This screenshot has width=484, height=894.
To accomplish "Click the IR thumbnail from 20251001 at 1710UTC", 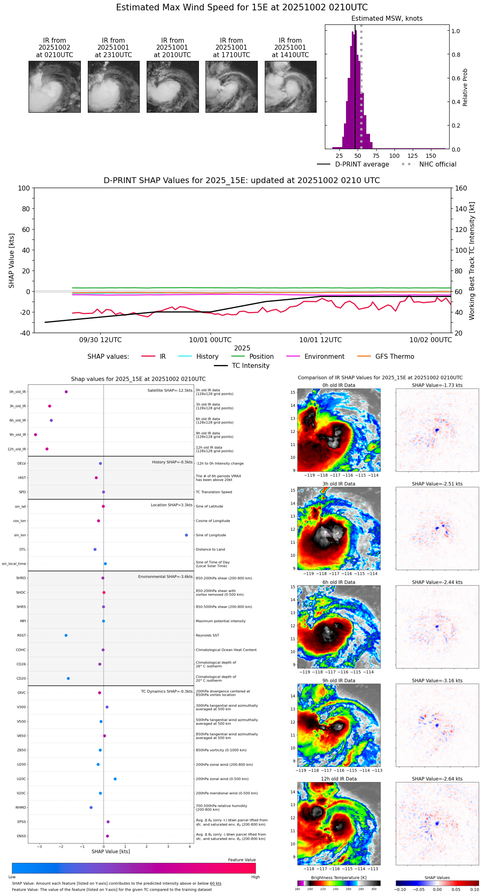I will coord(231,87).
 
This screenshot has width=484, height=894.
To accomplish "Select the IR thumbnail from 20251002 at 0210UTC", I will coord(54,87).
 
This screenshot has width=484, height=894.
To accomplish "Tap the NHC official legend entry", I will coord(437,164).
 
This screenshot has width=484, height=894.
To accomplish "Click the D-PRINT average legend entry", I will coord(362,164).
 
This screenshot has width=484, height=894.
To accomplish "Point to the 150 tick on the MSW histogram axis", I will coord(431,156).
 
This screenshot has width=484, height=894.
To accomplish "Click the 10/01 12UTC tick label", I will coord(320,340).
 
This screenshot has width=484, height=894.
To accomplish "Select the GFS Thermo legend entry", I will coord(394,357).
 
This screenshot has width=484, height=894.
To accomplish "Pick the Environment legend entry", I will coord(324,357).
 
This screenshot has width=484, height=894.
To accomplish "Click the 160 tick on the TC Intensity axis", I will coord(461,188).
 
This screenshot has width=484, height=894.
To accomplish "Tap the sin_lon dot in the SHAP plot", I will coord(186,535).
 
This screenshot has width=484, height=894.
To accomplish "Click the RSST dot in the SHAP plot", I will coord(66,635).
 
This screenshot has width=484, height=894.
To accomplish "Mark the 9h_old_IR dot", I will coord(36,435).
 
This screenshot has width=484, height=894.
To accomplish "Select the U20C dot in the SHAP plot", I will coord(115,779).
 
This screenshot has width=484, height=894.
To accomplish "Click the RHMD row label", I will coord(21,807).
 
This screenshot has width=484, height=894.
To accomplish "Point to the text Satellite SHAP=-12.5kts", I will coord(170,390).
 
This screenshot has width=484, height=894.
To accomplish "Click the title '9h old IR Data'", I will coord(339,681).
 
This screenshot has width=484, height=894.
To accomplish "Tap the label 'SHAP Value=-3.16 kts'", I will coord(437,681).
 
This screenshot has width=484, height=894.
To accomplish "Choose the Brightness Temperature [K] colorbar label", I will coord(339,877).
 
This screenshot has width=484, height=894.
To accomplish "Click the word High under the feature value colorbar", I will coord(255,877).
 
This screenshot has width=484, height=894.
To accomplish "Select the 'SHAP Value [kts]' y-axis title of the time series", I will coord(12,261).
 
